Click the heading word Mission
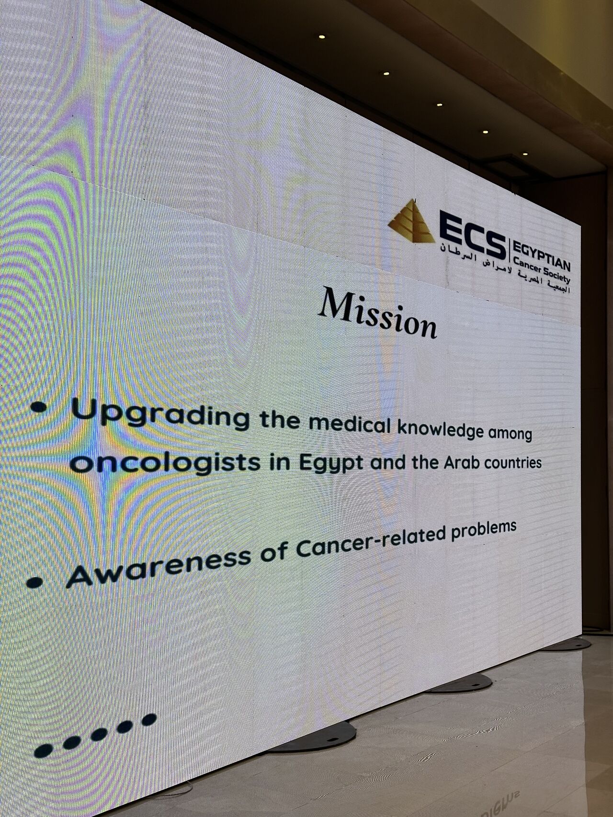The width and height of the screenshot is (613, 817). coord(378,313)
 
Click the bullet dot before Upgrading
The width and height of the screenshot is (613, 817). coord(39,407)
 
